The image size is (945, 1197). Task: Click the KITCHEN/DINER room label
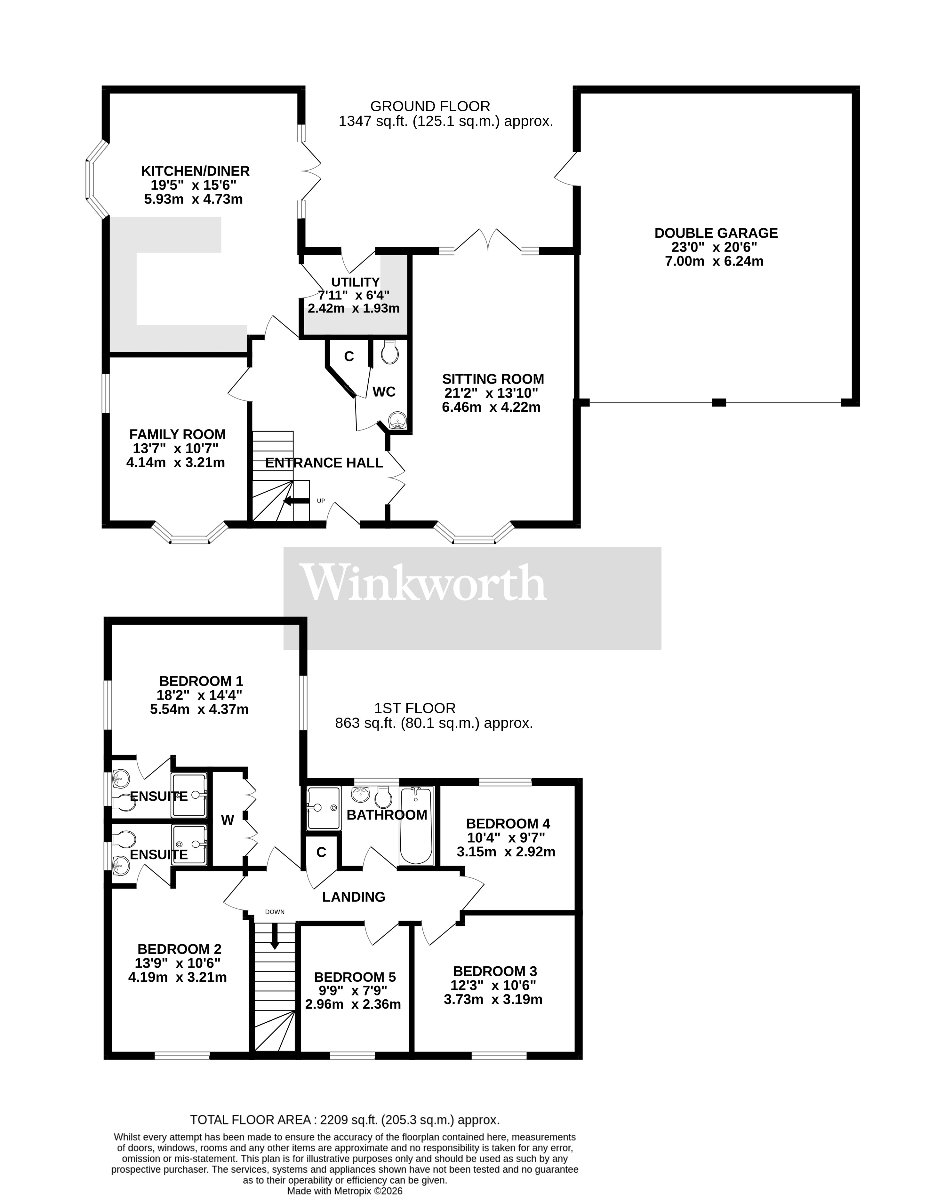click(x=195, y=171)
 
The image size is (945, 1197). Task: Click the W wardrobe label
click(x=228, y=820)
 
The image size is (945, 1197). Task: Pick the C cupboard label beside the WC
click(x=348, y=357)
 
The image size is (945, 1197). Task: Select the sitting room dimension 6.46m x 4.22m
click(x=491, y=408)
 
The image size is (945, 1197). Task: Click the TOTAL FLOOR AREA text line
click(x=345, y=1120)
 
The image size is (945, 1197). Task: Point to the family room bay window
click(x=190, y=534)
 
